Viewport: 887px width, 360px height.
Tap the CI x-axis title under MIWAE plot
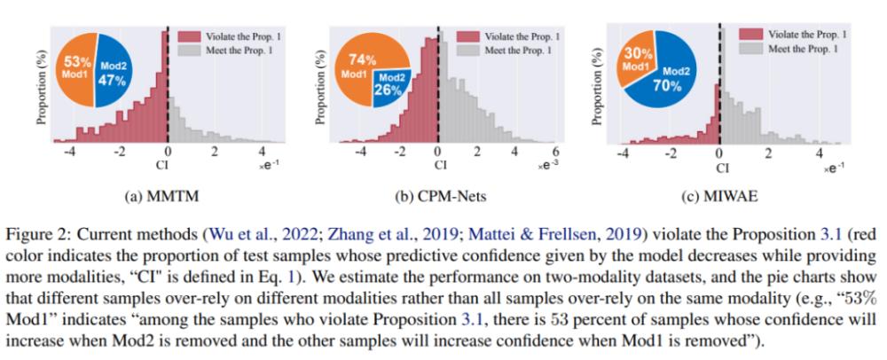(721, 166)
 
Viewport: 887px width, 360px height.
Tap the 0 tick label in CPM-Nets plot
(438, 152)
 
